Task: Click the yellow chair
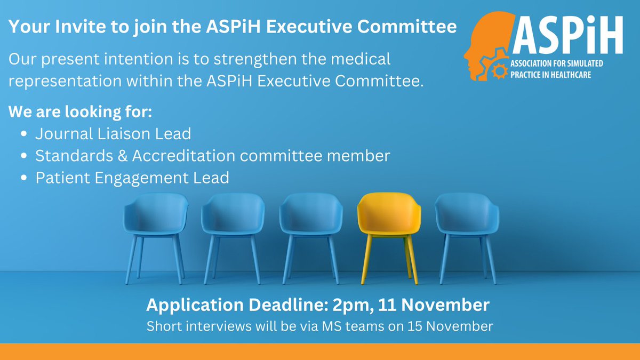[389, 219]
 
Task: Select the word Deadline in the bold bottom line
[283, 305]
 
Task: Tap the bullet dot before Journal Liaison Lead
[24, 135]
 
